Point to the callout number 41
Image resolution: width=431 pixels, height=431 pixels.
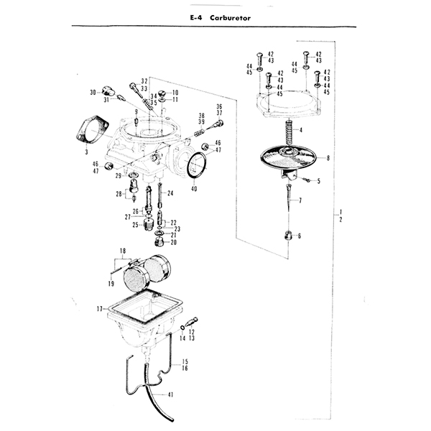pos(171,394)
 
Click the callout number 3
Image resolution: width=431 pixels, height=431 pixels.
pos(85,153)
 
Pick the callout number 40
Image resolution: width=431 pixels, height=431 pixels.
pos(194,189)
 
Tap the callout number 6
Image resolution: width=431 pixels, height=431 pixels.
pos(299,236)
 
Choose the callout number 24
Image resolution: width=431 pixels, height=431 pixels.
pos(170,194)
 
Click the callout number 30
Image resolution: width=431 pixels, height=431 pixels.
pos(93,93)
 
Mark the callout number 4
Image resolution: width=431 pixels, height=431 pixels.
pos(301,129)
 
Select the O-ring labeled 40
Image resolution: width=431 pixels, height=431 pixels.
pos(197,167)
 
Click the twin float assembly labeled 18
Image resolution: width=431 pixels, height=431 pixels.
pos(147,272)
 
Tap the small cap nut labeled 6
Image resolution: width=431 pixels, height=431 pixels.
pos(288,236)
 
